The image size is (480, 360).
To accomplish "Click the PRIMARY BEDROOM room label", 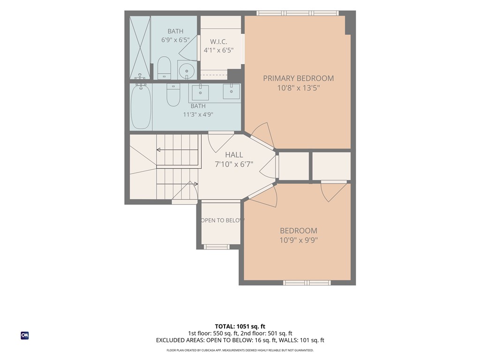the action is tap(298, 78).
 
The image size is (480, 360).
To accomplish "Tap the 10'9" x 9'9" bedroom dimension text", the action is tap(299, 240).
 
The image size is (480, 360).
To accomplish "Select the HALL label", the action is tap(234, 155).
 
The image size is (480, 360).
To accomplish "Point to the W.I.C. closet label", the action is tap(218, 42).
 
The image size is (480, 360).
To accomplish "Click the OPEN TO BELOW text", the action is tap(222, 220).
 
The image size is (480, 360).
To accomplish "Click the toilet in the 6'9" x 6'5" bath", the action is tap(164, 68).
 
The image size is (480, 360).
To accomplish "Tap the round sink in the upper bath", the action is tap(187, 71).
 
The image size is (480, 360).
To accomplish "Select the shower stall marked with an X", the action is tap(140, 47).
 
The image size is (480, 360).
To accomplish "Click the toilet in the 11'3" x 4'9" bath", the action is tap(173, 95).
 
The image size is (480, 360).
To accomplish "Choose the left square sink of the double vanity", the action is tap(201, 92).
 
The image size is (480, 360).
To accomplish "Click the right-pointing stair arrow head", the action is tap(196, 184).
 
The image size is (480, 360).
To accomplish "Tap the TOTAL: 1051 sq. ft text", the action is tap(240, 326).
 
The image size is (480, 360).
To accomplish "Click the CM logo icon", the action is tap(25, 336).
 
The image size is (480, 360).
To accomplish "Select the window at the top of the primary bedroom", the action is tap(298, 13).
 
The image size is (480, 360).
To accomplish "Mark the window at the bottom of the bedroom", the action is tap(307, 283).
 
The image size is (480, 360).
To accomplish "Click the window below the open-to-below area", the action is tap(217, 247).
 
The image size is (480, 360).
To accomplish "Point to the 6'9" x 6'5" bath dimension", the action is tap(175, 40).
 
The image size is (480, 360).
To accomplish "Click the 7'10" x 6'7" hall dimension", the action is tap(234, 165).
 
